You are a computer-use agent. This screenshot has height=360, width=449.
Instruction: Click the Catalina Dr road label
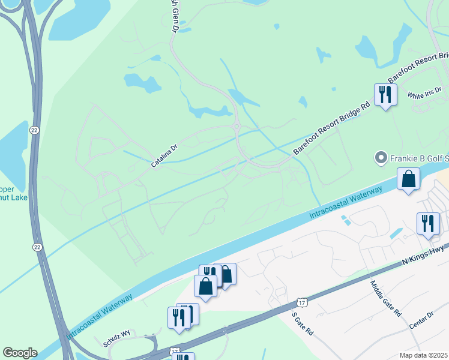(164, 155)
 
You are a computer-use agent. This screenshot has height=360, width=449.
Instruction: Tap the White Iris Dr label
(424, 93)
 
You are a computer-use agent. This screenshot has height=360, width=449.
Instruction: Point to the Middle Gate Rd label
(385, 298)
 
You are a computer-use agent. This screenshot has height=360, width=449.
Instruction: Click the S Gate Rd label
(303, 323)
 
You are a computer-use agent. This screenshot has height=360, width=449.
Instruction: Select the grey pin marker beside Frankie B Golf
(380, 158)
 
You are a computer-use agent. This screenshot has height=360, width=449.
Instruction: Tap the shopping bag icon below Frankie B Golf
(409, 179)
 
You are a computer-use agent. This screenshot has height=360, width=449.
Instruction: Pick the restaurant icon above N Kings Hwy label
(428, 223)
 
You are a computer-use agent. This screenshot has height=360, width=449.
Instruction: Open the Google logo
(20, 353)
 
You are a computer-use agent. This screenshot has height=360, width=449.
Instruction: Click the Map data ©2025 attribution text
(424, 355)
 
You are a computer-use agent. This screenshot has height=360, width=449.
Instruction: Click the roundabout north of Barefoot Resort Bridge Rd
(237, 127)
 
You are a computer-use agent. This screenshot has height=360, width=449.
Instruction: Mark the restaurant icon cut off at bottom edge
(183, 356)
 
